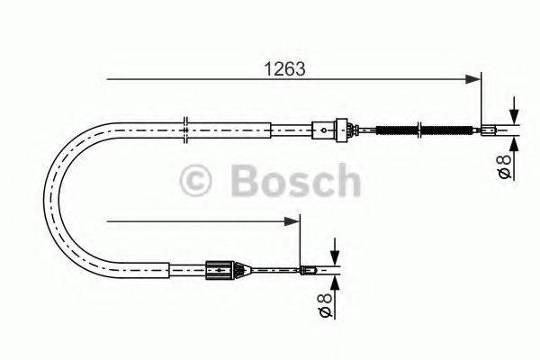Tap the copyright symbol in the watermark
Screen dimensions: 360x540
coord(198,181)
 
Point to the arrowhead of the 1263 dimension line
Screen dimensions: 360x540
coord(477,79)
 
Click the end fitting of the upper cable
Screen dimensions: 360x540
coord(491,130)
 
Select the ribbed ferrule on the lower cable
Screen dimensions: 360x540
coord(220,267)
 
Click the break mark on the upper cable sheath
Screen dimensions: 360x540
coord(184,129)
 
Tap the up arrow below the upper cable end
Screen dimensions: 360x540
coord(513,144)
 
